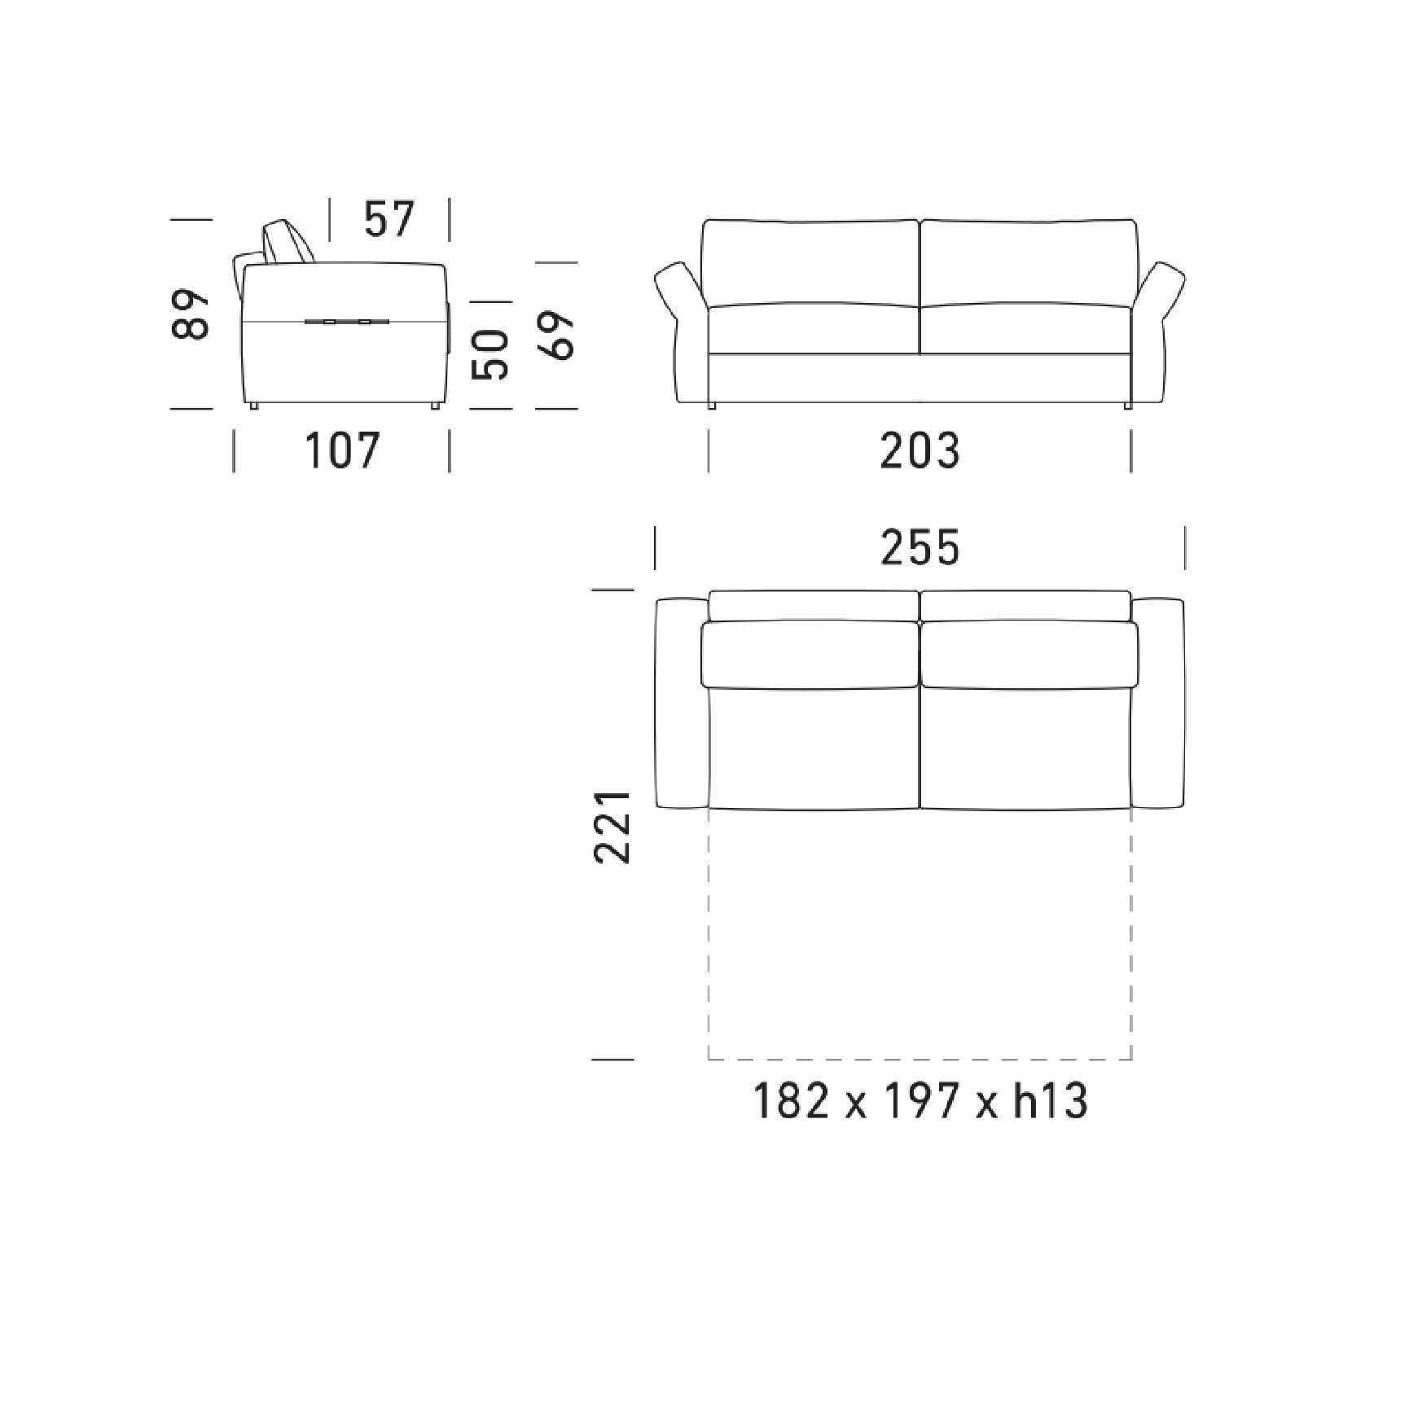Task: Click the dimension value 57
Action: [x=389, y=220]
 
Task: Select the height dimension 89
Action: [x=192, y=313]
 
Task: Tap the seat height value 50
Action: [x=491, y=354]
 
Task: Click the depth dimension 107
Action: [x=342, y=450]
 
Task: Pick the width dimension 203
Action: [x=920, y=450]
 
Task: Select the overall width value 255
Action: [x=920, y=547]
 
